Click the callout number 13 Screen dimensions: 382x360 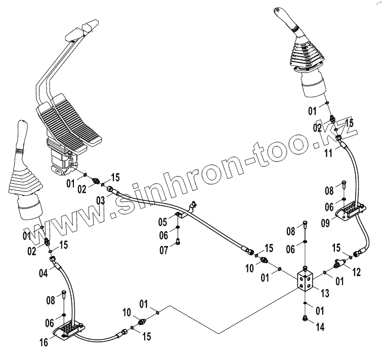pos(326,292)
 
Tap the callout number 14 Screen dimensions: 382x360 pos(320,327)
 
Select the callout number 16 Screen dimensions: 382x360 pos(45,342)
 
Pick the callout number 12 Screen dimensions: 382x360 pos(357,272)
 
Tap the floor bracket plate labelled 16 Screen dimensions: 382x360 pos(66,333)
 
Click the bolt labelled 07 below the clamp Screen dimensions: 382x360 pos(178,243)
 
